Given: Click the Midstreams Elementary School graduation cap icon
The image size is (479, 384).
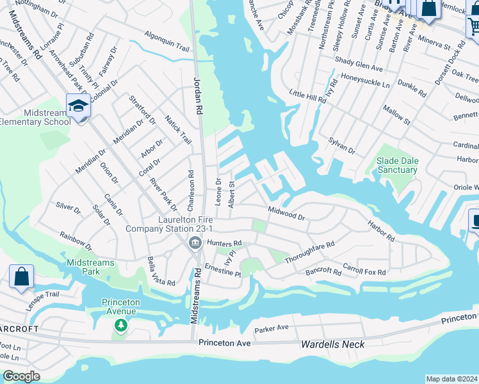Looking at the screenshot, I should coord(78,106).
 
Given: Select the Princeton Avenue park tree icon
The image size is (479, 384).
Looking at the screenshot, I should coord(120,326).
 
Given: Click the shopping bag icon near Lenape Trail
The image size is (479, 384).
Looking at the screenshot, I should coord(21,277).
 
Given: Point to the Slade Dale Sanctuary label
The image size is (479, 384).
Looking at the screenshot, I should coord(396,166).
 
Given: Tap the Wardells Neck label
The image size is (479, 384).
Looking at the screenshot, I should coord(332,344).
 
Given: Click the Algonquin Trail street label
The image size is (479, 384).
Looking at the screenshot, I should coord(167,41).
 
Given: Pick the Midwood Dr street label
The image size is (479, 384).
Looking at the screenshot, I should coord(286,213).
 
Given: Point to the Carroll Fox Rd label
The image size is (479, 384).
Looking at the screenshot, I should coord(364,268).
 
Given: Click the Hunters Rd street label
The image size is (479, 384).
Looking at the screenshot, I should coord(223,243).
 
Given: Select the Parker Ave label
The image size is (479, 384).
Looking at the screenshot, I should coord(272,330).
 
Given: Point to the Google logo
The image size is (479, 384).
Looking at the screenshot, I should coord(21,376).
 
